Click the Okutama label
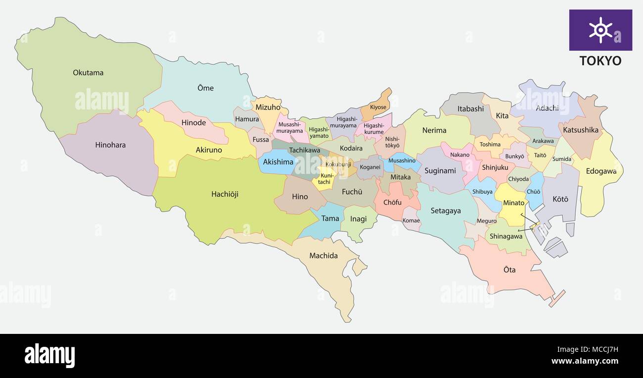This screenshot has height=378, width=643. coord(88,73)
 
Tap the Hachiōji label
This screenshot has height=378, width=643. coord(225,194)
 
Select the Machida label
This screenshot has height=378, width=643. coord(323,256)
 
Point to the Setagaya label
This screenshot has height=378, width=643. coord(446,211)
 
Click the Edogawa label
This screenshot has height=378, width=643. coord(601,171)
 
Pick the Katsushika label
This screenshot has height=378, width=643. coord(581,130)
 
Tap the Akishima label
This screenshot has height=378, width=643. coord(278,162)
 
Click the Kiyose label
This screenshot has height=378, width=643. coord(378,107)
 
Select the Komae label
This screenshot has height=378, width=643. coord(411,220)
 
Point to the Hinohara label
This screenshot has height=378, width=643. coord(110,145)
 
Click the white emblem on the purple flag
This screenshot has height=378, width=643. coord(600,30)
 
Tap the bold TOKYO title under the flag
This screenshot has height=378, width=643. coord(600,61)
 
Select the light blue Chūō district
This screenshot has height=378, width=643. coord(534,191)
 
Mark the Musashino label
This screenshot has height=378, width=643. coord(402,161)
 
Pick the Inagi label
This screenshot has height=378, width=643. coord(358,218)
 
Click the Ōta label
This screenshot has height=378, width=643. coord(509,270)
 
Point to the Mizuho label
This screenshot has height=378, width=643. coord(268,107)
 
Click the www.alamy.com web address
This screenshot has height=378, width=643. coord(584,361)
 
